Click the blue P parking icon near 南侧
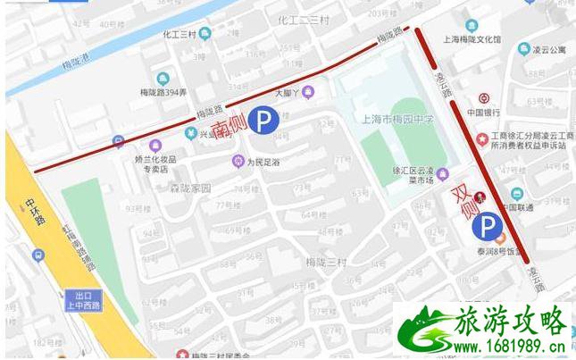point(263,118)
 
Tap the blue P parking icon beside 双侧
point(488,225)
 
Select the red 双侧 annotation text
point(465,206)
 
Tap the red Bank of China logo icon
point(483,98)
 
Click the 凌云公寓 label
point(549,50)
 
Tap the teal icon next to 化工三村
point(205,34)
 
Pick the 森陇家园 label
point(190,188)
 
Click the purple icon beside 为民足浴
point(238,162)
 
